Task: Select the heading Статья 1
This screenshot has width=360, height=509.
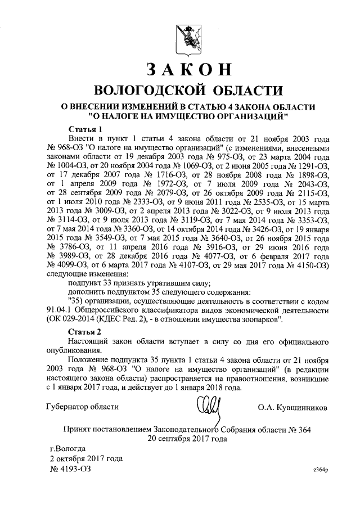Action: coord(85,129)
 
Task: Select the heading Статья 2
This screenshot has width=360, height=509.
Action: coord(85,331)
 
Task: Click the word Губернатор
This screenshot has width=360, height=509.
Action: coord(66,406)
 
